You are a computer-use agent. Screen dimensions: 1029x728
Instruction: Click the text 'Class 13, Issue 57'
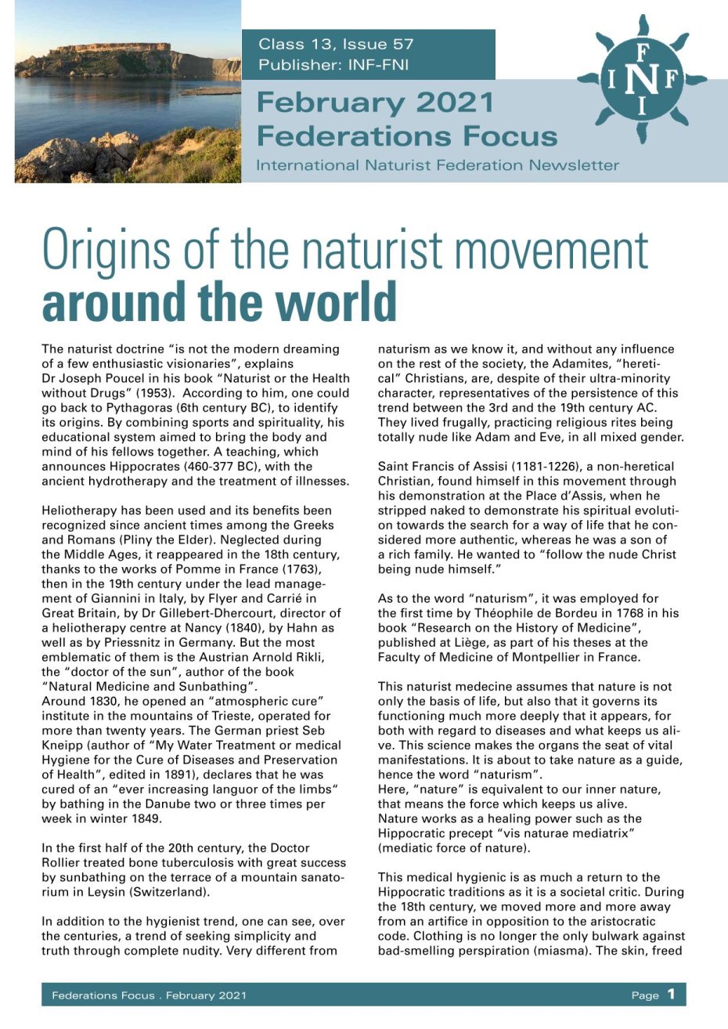pyautogui.click(x=336, y=44)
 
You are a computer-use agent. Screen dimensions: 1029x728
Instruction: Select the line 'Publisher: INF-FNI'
pyautogui.click(x=333, y=65)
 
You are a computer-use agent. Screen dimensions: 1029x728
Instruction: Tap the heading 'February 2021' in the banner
pyautogui.click(x=376, y=103)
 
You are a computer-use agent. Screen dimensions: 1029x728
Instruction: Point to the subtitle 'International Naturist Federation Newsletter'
pyautogui.click(x=438, y=165)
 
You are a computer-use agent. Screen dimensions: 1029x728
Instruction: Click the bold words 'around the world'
pyautogui.click(x=219, y=301)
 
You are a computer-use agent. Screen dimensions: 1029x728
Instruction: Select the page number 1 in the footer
pyautogui.click(x=671, y=995)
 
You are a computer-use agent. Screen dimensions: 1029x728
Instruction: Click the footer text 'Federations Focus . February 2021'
pyautogui.click(x=149, y=995)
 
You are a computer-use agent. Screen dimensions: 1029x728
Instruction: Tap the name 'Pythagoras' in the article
pyautogui.click(x=111, y=407)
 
